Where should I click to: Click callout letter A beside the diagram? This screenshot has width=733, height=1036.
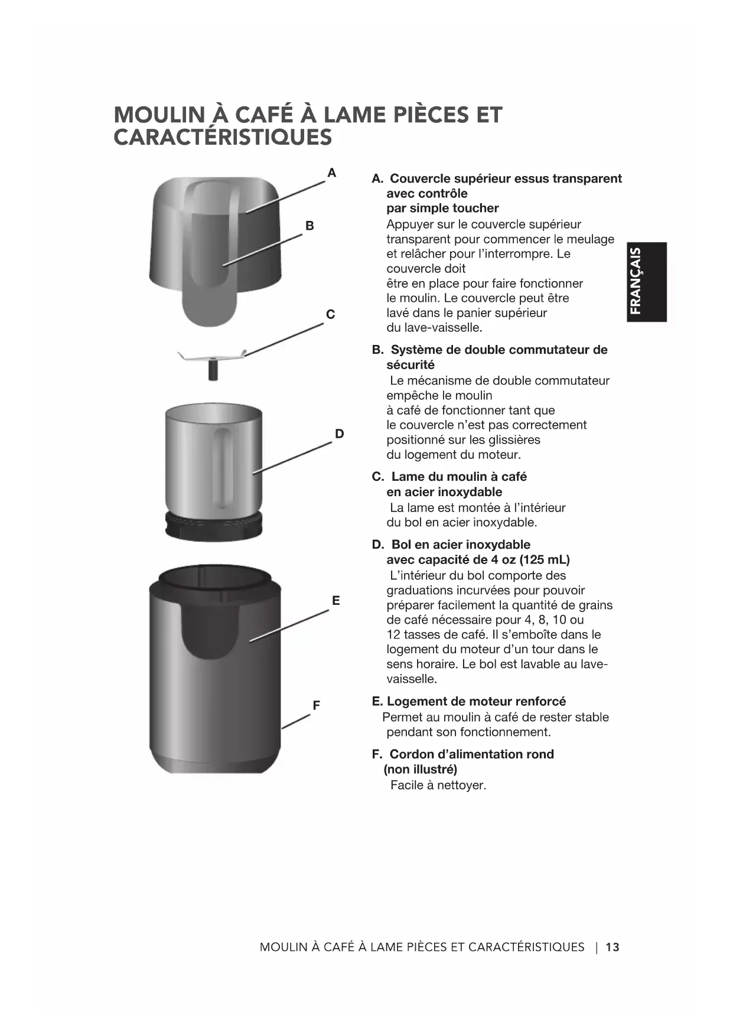pyautogui.click(x=332, y=173)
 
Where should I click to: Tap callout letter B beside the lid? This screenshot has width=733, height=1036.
pyautogui.click(x=310, y=226)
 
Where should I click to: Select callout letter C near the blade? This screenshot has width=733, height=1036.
pyautogui.click(x=330, y=314)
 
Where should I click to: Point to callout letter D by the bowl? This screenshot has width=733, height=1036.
pyautogui.click(x=339, y=434)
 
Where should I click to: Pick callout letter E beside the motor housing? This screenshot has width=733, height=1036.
pyautogui.click(x=335, y=601)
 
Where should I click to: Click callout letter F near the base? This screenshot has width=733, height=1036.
pyautogui.click(x=316, y=705)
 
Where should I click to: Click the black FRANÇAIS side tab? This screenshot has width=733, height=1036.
pyautogui.click(x=647, y=282)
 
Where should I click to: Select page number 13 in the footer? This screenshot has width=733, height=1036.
pyautogui.click(x=613, y=947)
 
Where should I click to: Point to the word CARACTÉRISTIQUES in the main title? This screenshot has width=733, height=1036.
pyautogui.click(x=223, y=138)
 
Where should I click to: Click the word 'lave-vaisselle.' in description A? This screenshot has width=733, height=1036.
pyautogui.click(x=434, y=328)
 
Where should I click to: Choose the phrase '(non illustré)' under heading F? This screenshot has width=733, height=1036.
pyautogui.click(x=421, y=770)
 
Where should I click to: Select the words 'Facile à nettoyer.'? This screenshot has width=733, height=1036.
pyautogui.click(x=438, y=786)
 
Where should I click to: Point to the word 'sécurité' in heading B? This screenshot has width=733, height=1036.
pyautogui.click(x=411, y=365)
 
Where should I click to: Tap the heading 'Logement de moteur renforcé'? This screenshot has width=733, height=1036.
pyautogui.click(x=476, y=702)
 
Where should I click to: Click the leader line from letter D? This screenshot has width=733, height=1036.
pyautogui.click(x=292, y=458)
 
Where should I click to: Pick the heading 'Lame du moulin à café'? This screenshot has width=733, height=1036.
pyautogui.click(x=459, y=477)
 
